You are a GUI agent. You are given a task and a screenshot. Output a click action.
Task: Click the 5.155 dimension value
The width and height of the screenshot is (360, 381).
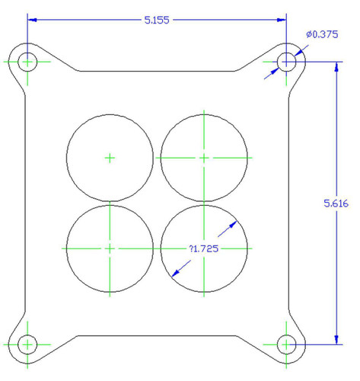coord(158,20)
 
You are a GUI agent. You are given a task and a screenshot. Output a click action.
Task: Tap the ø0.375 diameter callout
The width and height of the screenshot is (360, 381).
coord(321,34)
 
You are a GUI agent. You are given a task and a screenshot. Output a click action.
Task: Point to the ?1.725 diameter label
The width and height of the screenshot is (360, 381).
coord(203,249)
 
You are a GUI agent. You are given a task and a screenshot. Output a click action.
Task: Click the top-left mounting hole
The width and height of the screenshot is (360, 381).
coord(28,61)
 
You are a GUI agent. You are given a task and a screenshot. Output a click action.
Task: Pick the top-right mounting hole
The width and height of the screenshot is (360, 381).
coord(286,61)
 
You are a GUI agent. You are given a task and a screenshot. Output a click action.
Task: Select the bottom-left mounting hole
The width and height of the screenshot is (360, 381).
coord(28,344)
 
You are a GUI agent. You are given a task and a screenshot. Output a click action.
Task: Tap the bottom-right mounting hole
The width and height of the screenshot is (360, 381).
coord(286,344)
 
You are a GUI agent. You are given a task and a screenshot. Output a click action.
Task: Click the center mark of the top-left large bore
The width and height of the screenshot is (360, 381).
coord(110,158)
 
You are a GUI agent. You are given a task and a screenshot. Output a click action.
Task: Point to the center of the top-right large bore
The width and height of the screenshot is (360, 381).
coord(204,158)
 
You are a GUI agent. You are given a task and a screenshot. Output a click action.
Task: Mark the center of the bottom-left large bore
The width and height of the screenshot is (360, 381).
coord(110,248)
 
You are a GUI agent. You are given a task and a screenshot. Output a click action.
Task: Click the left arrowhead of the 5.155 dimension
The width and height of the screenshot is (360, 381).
coord(33,20)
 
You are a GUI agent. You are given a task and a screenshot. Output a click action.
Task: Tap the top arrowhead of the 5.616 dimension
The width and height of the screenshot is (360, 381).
coord(336,66)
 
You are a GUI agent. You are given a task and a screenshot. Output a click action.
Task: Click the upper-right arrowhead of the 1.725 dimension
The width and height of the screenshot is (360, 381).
coord(234,224)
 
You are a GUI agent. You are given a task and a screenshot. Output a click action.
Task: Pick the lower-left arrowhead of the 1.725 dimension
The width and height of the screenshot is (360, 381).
coord(176,272)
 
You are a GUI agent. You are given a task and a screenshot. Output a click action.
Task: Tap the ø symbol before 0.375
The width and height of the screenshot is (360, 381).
coord(309,34)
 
